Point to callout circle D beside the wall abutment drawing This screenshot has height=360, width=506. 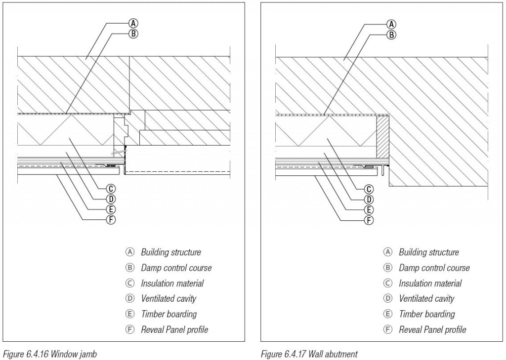pos(369,200)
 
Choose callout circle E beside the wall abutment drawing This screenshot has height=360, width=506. pos(369,210)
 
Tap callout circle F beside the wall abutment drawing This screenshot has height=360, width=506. pos(369,220)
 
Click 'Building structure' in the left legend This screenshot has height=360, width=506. pos(171,252)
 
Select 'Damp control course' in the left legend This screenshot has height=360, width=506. pos(176,268)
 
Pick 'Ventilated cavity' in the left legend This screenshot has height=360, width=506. pos(169,298)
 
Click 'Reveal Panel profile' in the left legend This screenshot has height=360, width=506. pos(174,329)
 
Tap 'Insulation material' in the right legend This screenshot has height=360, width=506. pos(430,283)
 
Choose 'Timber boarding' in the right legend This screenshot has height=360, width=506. pos(426,314)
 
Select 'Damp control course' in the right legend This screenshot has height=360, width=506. pos(434,268)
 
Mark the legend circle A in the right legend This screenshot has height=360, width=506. pos(388,252)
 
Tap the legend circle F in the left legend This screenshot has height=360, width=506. pos(130,329)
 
